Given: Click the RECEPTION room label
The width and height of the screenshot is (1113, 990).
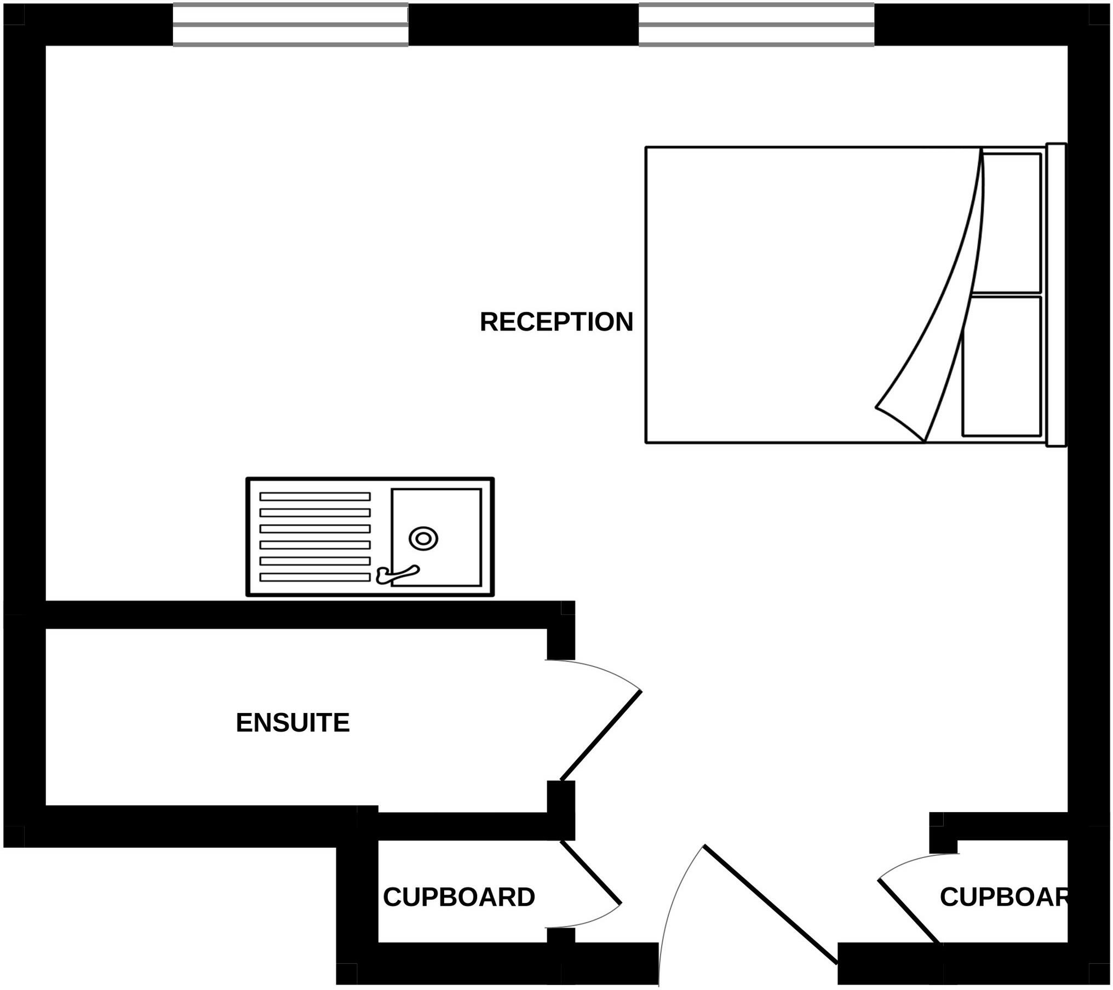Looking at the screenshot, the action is tap(556, 322).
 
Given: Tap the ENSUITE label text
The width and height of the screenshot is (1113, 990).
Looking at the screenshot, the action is tap(292, 723).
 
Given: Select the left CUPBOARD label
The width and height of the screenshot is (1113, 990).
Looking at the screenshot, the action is tap(459, 897).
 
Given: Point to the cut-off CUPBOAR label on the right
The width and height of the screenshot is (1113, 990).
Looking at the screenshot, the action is tap(1004, 897).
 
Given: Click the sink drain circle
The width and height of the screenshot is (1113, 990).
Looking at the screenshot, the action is tap(423, 539).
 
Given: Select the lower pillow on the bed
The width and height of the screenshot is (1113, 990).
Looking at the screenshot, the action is tap(1002, 366).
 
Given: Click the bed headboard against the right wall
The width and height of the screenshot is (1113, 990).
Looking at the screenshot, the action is tap(1057, 295).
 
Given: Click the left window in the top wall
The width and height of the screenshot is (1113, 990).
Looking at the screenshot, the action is tap(290, 25).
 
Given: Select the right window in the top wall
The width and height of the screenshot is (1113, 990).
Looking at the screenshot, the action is tap(756, 25).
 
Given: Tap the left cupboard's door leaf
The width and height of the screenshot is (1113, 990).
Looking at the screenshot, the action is tap(591, 872).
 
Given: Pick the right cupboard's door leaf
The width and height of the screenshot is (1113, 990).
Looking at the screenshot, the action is tap(910, 911).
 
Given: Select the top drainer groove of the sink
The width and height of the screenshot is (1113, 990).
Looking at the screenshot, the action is tap(315, 497).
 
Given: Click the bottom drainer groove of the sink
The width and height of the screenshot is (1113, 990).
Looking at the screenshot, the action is tap(315, 577).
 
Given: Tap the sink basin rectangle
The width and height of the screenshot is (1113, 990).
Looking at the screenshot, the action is tap(437, 537).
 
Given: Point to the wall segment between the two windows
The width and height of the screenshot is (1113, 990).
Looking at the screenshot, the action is tap(524, 25).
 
